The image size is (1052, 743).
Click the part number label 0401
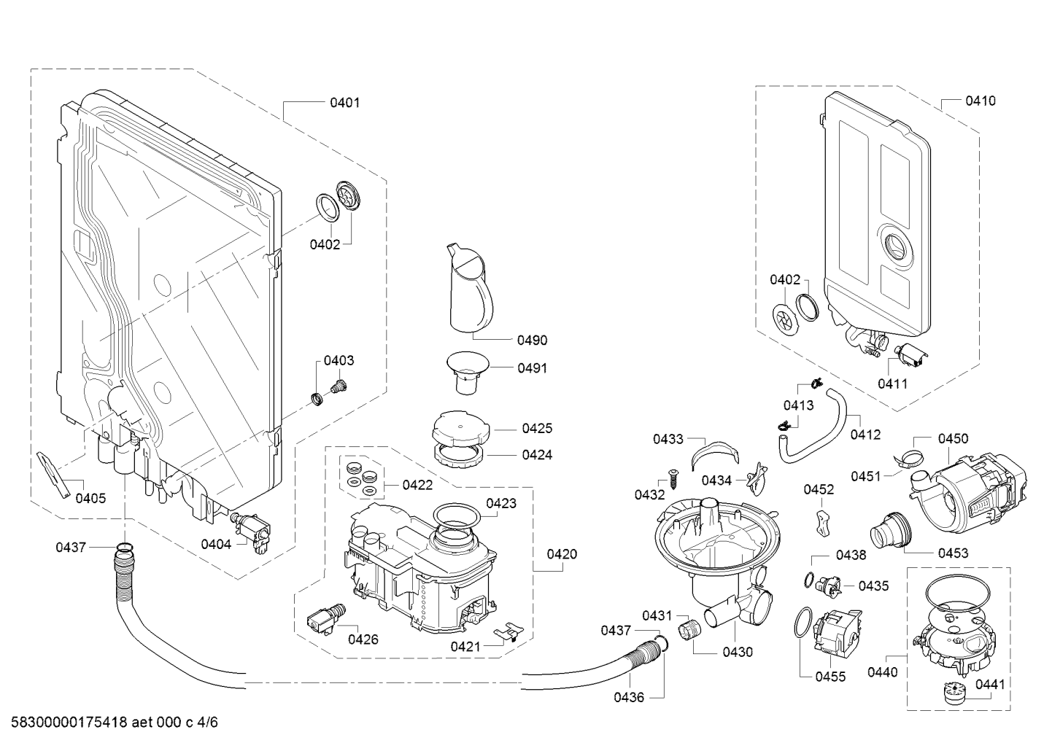tap(344, 103)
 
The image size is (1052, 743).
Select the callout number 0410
tap(980, 101)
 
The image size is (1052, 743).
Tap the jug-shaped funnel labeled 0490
tap(468, 288)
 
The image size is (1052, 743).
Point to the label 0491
tap(532, 368)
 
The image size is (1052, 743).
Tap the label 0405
tap(90, 499)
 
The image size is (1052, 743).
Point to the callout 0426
tap(363, 639)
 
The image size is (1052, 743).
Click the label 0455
tap(830, 677)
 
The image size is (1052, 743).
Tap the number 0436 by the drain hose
tap(629, 698)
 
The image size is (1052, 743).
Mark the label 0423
tap(501, 503)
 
